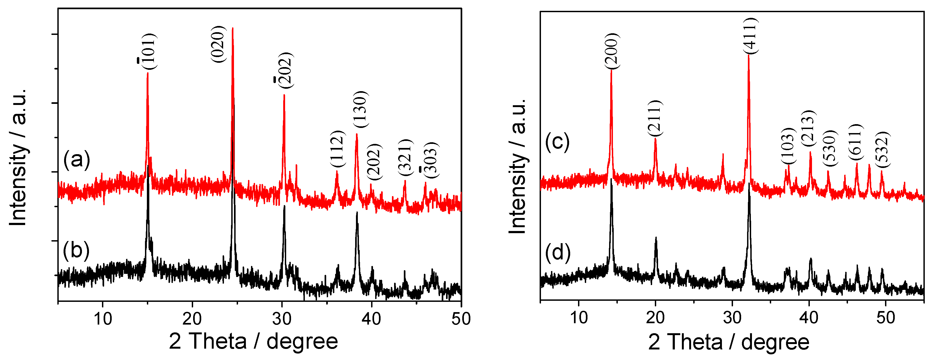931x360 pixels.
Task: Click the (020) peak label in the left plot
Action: [x=218, y=44]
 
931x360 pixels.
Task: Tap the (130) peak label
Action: [x=360, y=109]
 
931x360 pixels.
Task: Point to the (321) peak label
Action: [x=405, y=157]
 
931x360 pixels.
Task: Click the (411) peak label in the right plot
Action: [x=751, y=36]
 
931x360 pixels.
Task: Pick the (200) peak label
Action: [x=612, y=51]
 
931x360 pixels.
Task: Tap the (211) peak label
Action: [x=655, y=118]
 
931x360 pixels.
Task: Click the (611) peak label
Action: [x=856, y=142]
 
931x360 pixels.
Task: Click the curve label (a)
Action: [x=77, y=159]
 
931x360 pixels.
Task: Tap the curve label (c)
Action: [x=557, y=142]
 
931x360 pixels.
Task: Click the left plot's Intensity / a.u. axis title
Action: [x=18, y=157]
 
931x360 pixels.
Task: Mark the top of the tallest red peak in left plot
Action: [x=232, y=28]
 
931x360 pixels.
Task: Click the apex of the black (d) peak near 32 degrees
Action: [x=749, y=184]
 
